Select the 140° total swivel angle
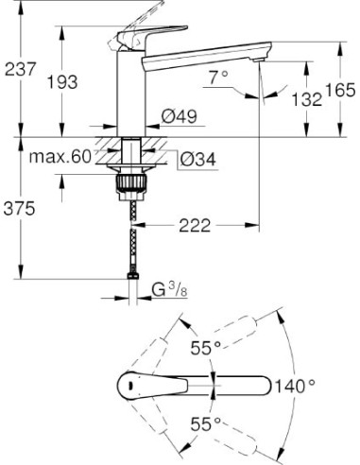295,385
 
